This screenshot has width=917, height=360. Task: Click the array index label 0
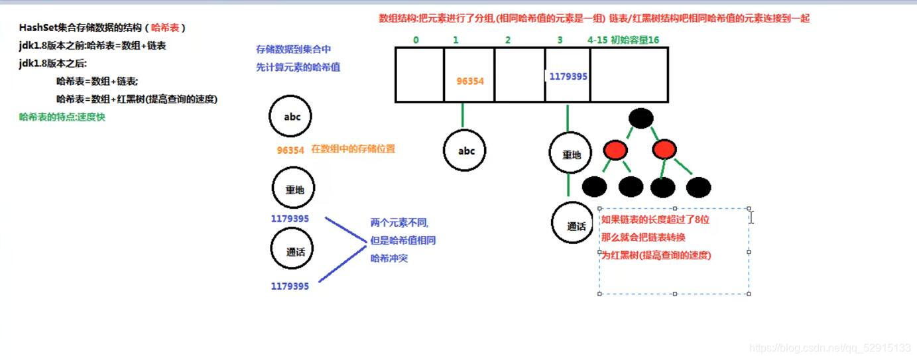(416, 40)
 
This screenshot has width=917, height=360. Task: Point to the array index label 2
(508, 40)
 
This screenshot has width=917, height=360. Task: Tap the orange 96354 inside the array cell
(470, 81)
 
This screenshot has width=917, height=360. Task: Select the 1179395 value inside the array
(568, 76)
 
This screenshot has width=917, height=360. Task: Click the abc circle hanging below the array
(467, 151)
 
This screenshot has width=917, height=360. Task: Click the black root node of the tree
(641, 118)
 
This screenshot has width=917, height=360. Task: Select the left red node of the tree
(615, 150)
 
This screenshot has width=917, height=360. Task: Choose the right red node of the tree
(664, 150)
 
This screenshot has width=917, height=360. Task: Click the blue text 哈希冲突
(389, 258)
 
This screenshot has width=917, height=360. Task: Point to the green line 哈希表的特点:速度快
(62, 117)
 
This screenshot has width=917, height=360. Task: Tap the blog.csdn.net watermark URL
(829, 347)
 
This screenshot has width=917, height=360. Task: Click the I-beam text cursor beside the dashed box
(751, 217)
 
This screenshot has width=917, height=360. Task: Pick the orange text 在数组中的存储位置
(353, 149)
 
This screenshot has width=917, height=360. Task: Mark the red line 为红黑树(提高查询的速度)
(656, 255)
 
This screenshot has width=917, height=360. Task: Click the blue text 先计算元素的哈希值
(298, 67)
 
